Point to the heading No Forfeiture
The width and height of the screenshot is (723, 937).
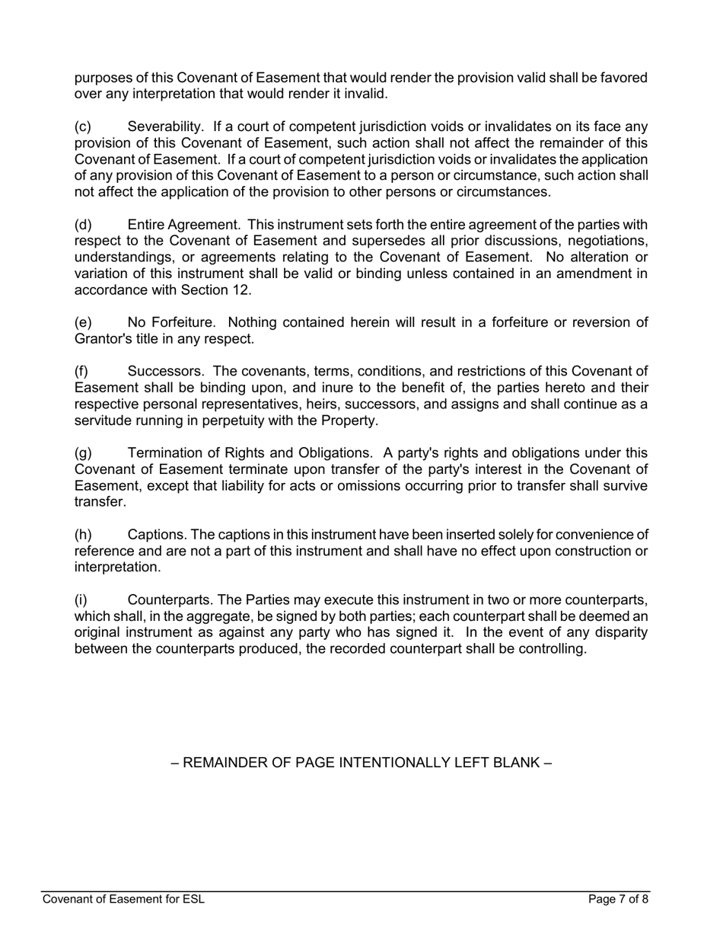pos(171,322)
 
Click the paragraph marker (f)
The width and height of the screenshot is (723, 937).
pos(81,372)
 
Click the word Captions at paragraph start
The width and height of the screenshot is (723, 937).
pos(155,535)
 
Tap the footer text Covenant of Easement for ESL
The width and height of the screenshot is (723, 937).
pos(123,900)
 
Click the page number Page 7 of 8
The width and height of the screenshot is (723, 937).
pos(618,900)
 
